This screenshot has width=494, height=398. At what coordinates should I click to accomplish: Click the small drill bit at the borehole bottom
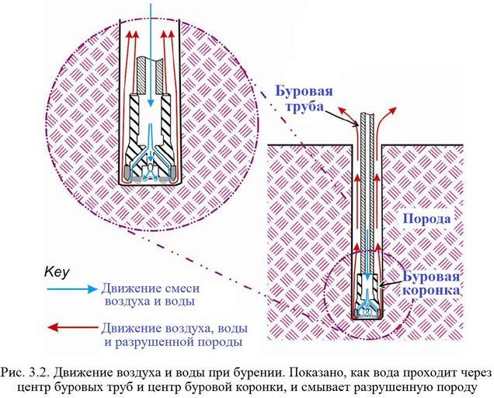tap(368, 299)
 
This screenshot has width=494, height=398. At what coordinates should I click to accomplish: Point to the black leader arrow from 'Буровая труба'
tap(353, 117)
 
